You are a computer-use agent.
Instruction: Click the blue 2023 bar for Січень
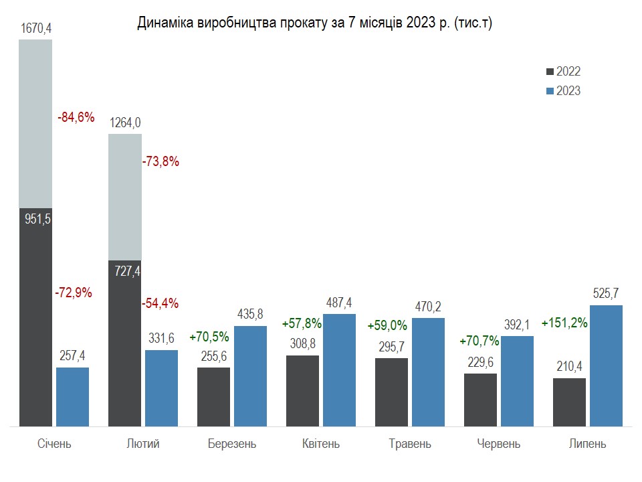click(72, 396)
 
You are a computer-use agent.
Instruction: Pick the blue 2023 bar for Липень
click(607, 366)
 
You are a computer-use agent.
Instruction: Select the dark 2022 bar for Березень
click(213, 396)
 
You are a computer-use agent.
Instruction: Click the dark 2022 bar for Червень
click(480, 400)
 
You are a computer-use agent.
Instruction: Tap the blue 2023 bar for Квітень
click(339, 370)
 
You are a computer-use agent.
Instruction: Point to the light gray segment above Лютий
click(125, 197)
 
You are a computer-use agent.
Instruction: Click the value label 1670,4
click(36, 28)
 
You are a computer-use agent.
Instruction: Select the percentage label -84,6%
click(76, 119)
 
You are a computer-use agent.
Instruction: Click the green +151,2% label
click(565, 323)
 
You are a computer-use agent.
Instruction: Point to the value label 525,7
click(607, 293)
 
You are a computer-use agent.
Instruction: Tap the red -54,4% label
click(160, 303)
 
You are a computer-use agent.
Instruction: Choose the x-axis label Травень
click(410, 444)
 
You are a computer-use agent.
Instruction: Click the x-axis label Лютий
click(142, 444)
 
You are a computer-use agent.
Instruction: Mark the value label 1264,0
click(125, 123)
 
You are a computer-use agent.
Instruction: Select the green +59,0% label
click(387, 326)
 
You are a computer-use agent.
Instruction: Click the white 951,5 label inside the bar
click(36, 219)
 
